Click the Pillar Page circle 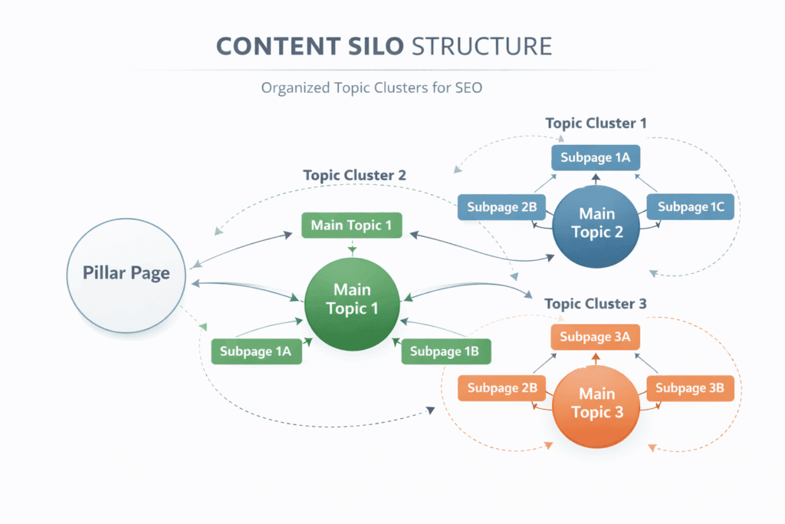tap(126, 274)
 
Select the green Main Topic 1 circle tap(352, 298)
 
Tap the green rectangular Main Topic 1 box tap(351, 226)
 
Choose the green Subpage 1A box tap(255, 351)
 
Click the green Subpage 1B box tap(445, 351)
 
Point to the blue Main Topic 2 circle tap(596, 223)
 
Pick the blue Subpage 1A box tap(596, 158)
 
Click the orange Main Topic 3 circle tap(596, 403)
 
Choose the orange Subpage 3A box tap(596, 337)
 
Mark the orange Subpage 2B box tap(501, 388)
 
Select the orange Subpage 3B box tap(690, 388)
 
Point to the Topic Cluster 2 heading tap(354, 175)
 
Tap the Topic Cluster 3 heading tap(595, 304)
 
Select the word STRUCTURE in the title tap(481, 45)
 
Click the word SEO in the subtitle tap(467, 87)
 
